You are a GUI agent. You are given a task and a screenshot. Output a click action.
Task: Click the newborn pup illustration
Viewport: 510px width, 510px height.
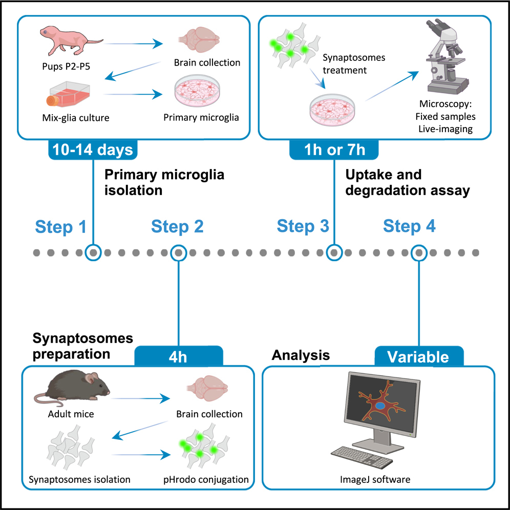[71, 40]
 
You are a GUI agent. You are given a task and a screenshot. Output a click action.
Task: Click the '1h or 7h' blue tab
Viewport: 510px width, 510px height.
[333, 150]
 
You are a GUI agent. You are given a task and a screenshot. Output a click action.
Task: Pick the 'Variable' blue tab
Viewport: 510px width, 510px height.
[418, 356]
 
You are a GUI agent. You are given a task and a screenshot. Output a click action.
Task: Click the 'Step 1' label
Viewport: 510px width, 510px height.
[61, 227]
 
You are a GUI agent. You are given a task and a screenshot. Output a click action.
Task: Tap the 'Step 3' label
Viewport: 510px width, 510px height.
[303, 226]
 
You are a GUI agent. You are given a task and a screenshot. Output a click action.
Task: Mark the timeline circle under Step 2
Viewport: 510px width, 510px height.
[178, 252]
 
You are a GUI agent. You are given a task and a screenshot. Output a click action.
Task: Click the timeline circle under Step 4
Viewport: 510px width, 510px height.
[419, 252]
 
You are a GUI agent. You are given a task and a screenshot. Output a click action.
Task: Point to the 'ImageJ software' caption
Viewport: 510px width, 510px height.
[375, 480]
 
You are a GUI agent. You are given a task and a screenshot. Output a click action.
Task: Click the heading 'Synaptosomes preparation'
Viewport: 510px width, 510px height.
[83, 346]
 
